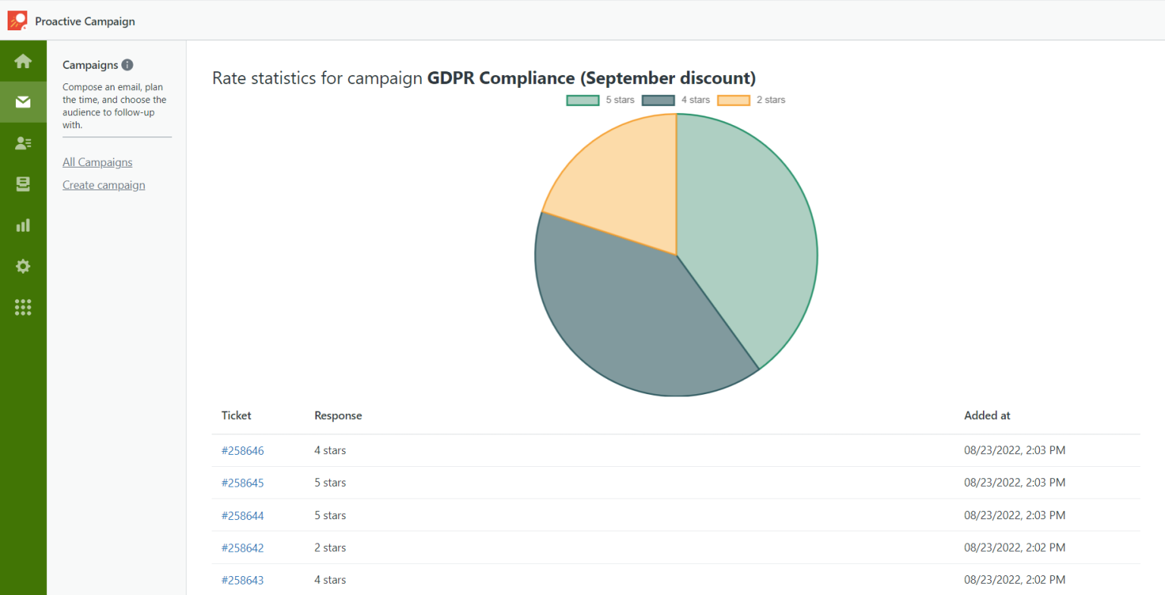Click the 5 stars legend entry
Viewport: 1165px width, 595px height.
pyautogui.click(x=601, y=100)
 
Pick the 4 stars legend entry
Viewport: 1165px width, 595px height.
pyautogui.click(x=676, y=100)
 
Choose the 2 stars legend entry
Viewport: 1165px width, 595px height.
pyautogui.click(x=751, y=100)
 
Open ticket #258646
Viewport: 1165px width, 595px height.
pyautogui.click(x=243, y=451)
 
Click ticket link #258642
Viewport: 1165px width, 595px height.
pyautogui.click(x=243, y=548)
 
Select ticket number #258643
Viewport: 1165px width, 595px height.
pyautogui.click(x=243, y=581)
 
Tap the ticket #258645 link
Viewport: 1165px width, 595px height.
pyautogui.click(x=243, y=483)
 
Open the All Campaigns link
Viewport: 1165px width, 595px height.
pyautogui.click(x=97, y=162)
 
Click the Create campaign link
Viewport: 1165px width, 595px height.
pyautogui.click(x=104, y=185)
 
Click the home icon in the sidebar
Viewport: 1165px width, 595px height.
pyautogui.click(x=23, y=61)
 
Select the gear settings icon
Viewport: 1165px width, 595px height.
pyautogui.click(x=23, y=266)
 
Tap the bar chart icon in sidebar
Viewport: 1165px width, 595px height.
pyautogui.click(x=23, y=225)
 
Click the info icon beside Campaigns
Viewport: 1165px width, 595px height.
pyautogui.click(x=127, y=65)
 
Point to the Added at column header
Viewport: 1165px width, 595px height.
pyautogui.click(x=987, y=415)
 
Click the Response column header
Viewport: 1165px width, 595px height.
pyautogui.click(x=338, y=415)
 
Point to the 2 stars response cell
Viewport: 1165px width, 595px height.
pyautogui.click(x=330, y=548)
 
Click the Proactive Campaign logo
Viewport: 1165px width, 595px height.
pyautogui.click(x=17, y=20)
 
